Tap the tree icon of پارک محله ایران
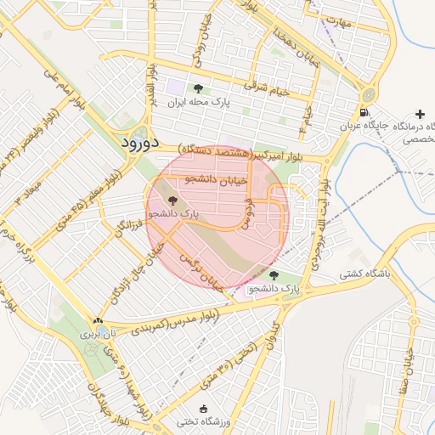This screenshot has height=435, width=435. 198,88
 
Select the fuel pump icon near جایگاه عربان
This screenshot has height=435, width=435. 364,112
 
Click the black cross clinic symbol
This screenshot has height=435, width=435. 420,113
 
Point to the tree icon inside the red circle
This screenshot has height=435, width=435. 172,201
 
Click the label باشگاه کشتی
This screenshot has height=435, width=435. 364,274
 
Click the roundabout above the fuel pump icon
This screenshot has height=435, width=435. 370,95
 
